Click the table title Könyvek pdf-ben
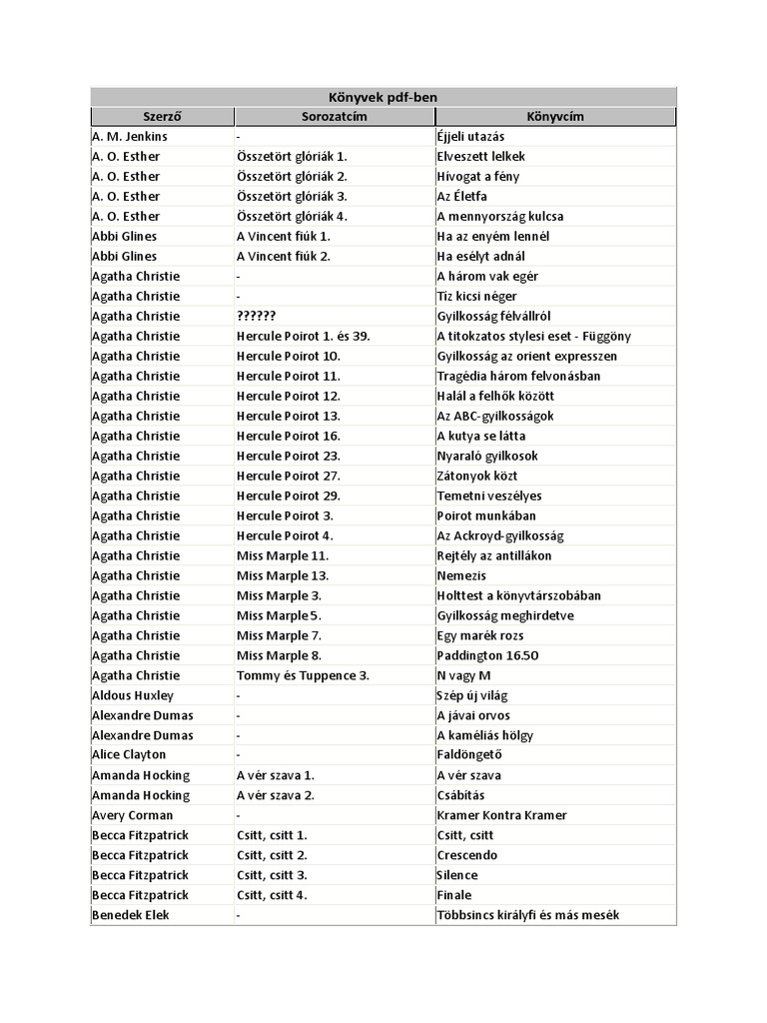(383, 97)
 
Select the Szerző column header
(162, 117)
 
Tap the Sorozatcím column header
(335, 117)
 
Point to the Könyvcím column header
(555, 117)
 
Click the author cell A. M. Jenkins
(130, 136)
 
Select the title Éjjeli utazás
(470, 136)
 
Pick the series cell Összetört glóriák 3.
(292, 196)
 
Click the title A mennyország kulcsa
(499, 216)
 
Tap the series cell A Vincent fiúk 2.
(284, 256)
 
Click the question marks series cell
(257, 316)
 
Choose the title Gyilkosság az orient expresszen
(527, 356)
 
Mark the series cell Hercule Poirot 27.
(289, 476)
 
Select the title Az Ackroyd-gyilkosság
(500, 535)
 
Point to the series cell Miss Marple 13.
(283, 575)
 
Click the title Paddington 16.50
(487, 655)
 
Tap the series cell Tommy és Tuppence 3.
(304, 675)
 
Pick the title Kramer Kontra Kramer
(501, 815)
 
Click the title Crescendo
(466, 855)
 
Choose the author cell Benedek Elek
(130, 915)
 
